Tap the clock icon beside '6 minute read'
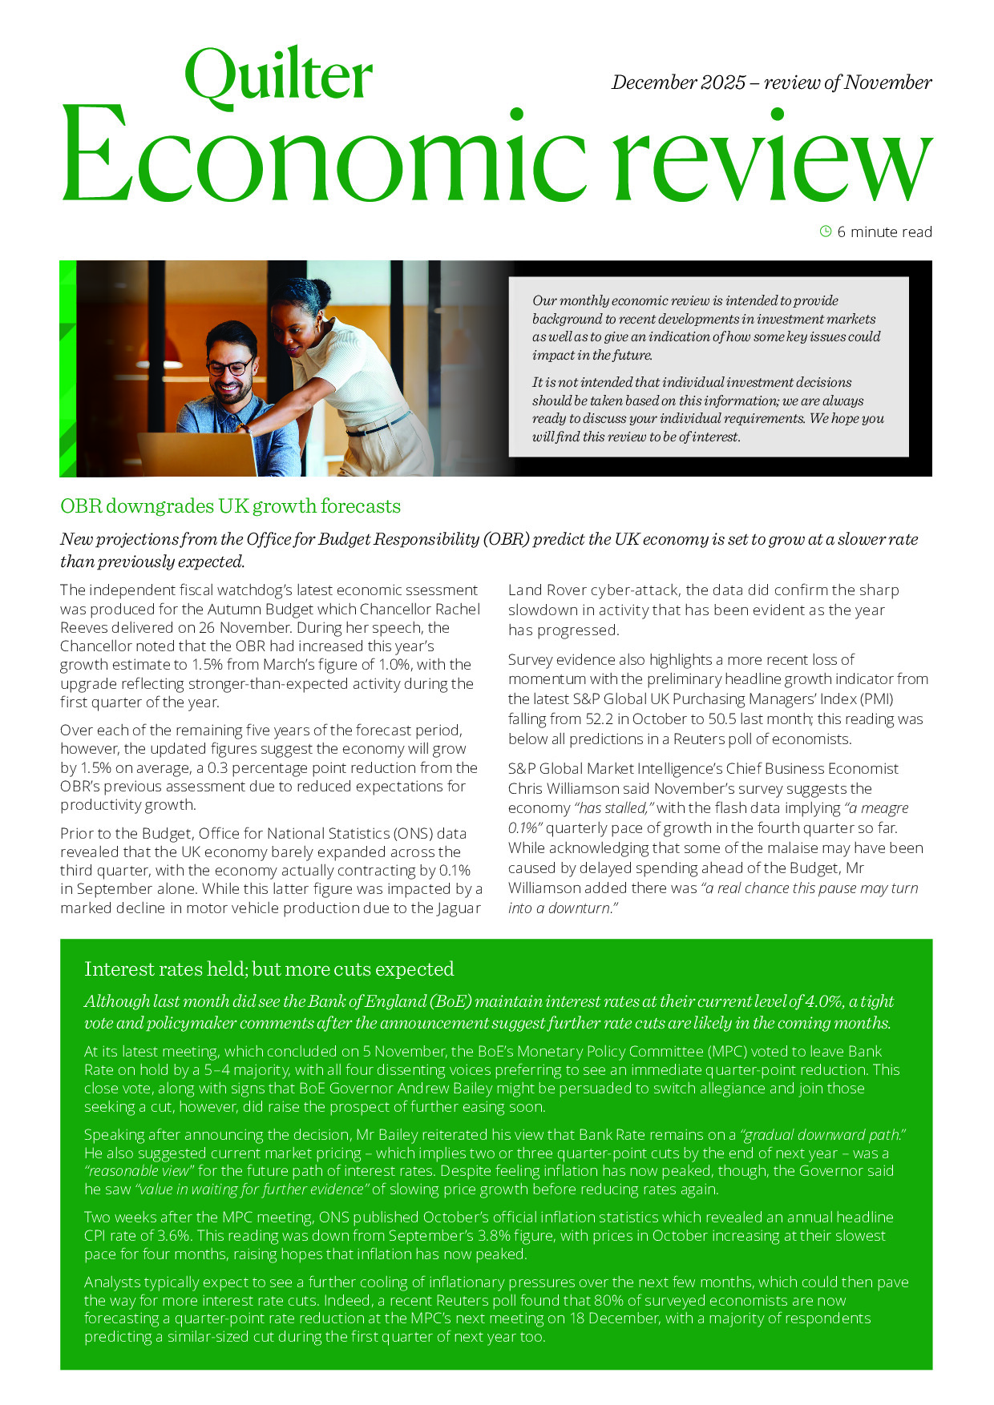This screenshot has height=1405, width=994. pos(826,231)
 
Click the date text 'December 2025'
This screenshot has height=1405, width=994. pos(678,83)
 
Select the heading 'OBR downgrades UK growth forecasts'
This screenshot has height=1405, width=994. pos(230,506)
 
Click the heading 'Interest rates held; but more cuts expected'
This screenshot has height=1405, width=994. pos(269,969)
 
